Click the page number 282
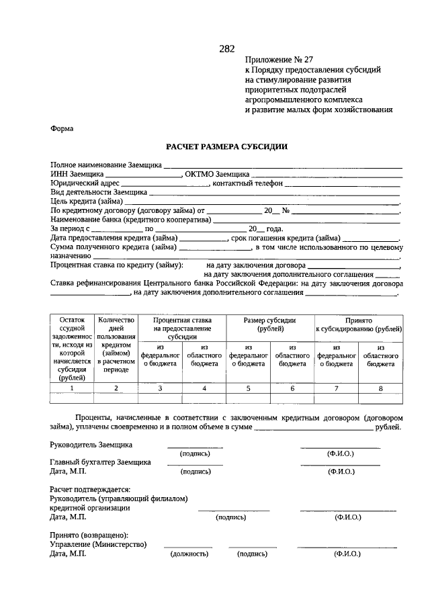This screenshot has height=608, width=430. pos(226,48)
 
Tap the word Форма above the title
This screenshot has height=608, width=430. pos(62,128)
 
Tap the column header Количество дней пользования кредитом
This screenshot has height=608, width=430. pos(116,345)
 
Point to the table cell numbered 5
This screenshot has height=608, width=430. pos(248,388)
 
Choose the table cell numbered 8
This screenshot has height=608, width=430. pos(380,388)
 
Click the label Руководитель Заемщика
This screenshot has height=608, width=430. pos(91,445)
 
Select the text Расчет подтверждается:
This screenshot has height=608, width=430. pos(90,490)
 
